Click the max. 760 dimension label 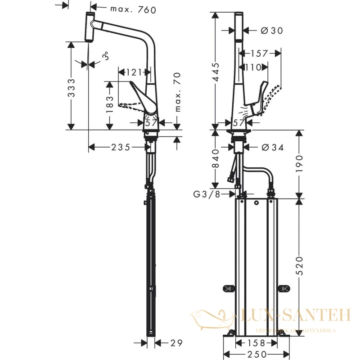click(133, 9)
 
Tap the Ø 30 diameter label click(272, 30)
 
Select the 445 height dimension click(216, 72)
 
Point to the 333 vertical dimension click(72, 88)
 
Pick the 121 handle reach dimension click(134, 72)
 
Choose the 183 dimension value click(110, 104)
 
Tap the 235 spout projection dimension click(121, 147)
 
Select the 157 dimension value click(259, 54)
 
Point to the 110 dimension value click(253, 67)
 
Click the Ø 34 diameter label click(273, 148)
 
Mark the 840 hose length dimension click(216, 158)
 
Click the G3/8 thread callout click(207, 194)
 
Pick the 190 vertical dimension click(299, 163)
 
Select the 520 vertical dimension click(299, 266)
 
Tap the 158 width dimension click(256, 343)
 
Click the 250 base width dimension click(257, 354)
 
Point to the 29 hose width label click(176, 343)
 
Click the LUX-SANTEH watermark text click(296, 315)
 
